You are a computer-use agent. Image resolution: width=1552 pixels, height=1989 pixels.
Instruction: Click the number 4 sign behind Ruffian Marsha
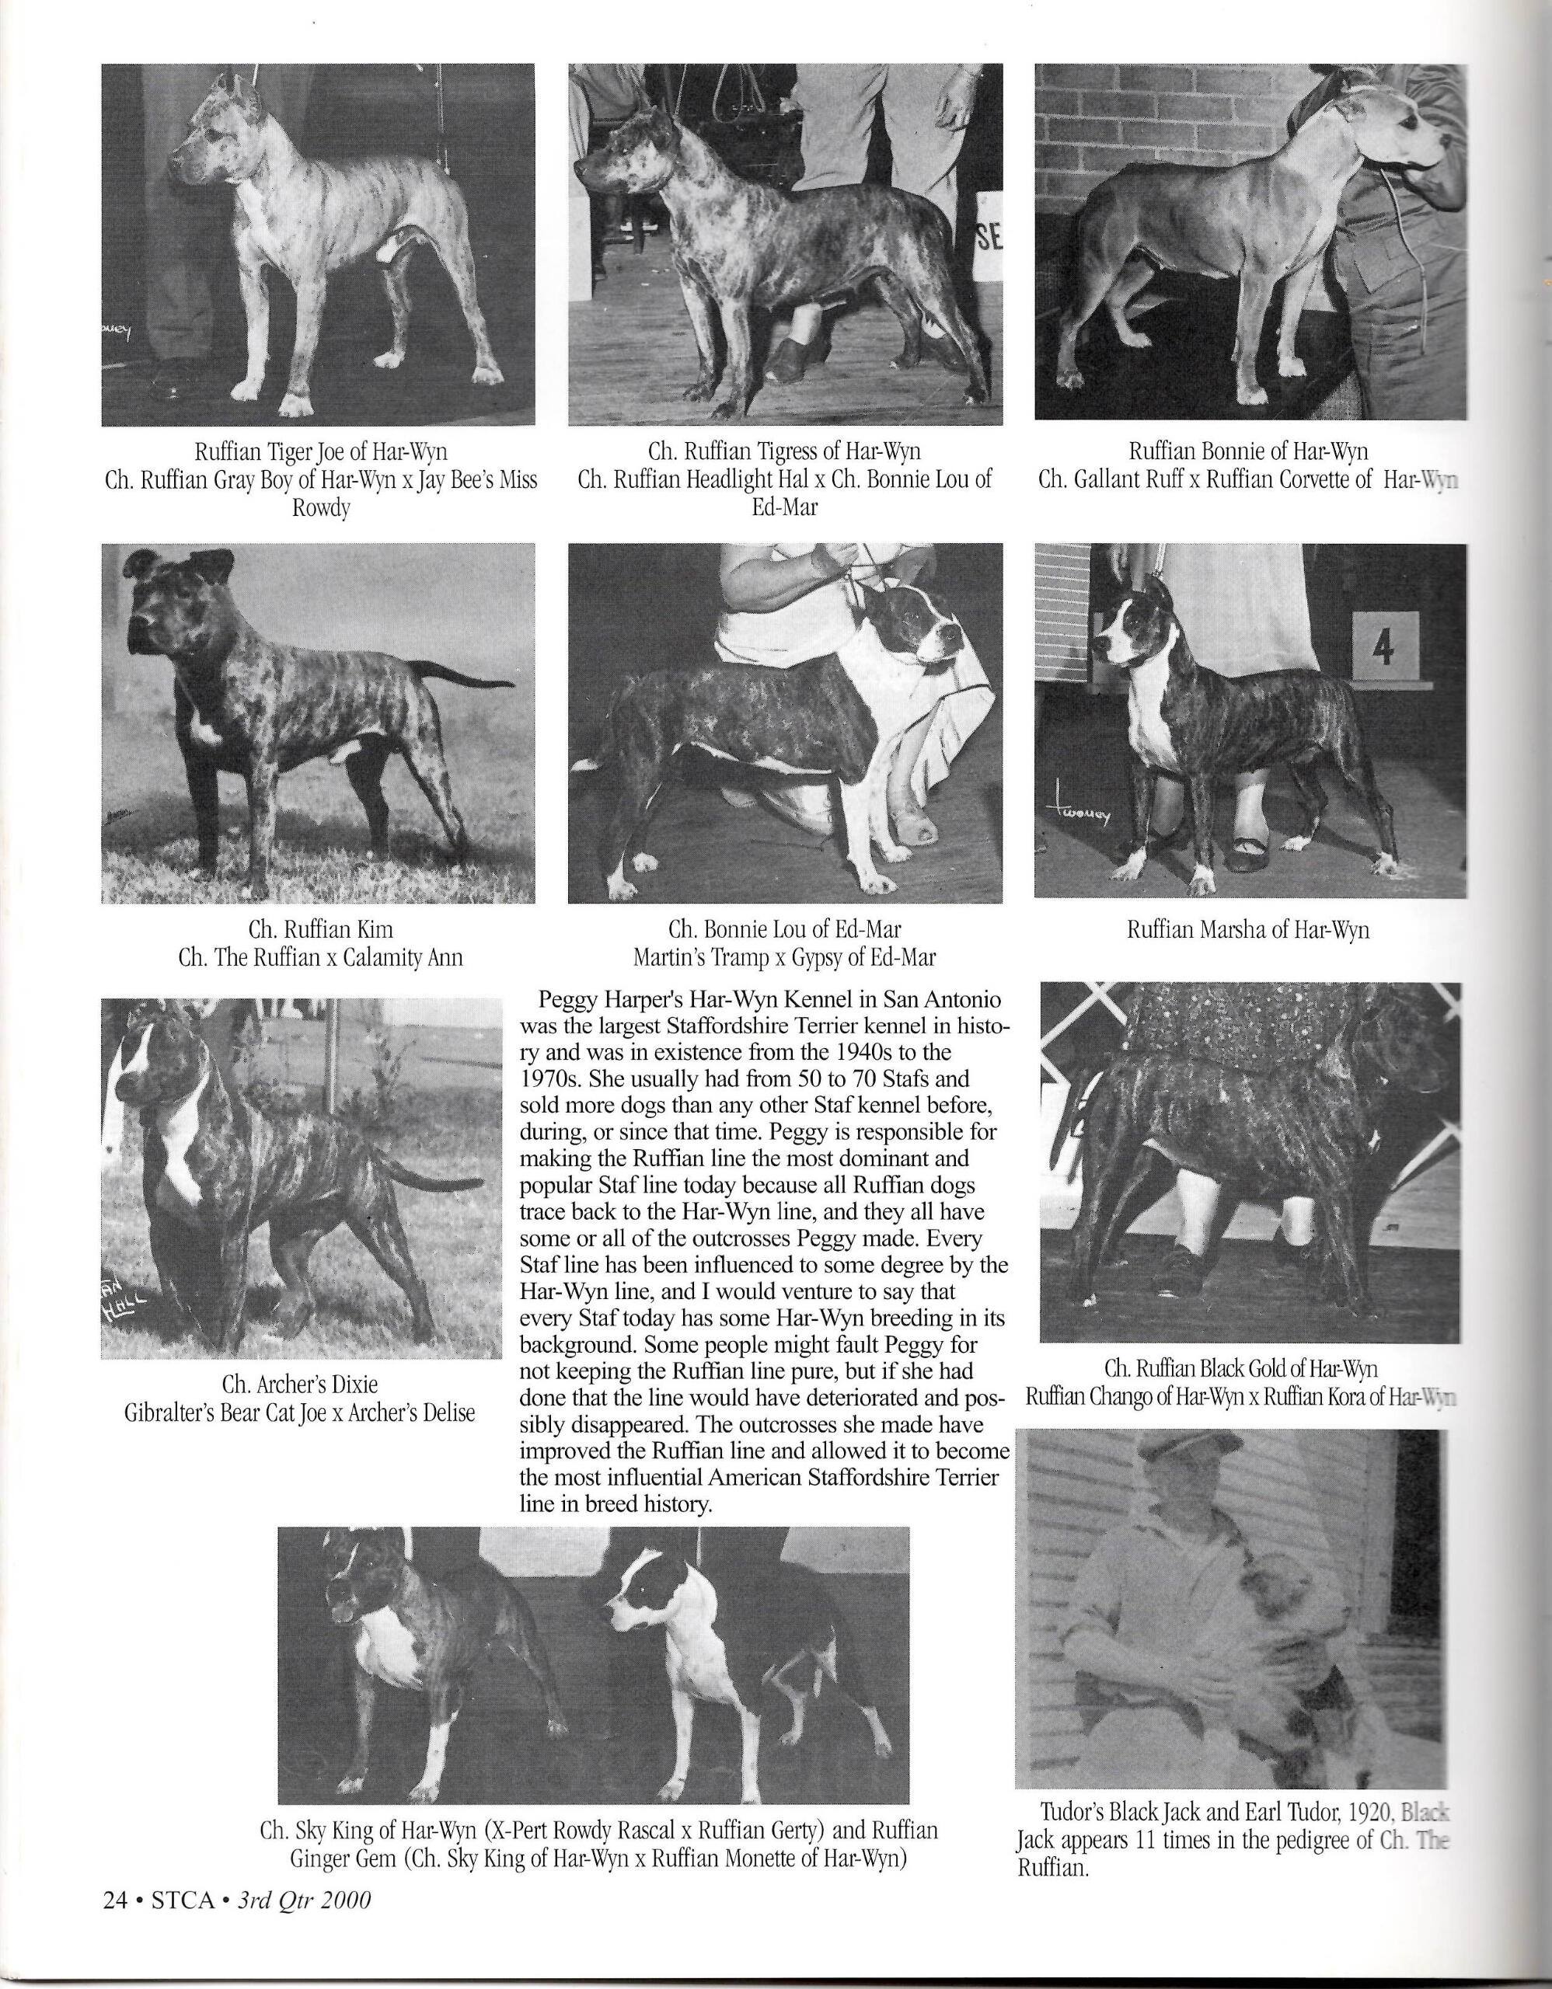[1386, 645]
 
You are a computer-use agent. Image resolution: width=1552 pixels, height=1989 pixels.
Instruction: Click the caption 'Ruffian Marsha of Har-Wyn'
[1248, 930]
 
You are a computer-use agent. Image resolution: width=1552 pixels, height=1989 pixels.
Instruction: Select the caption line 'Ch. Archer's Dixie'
[302, 1385]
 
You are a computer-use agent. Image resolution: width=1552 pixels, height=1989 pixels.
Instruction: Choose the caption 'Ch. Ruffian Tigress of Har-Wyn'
[784, 451]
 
